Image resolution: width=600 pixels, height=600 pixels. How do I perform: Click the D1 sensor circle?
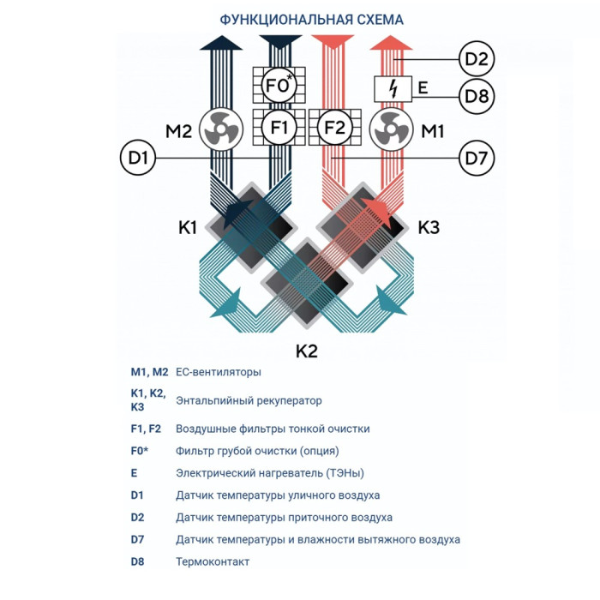[138, 159]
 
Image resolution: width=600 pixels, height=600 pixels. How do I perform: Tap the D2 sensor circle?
[477, 59]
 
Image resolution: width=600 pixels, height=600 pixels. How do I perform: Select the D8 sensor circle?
[477, 97]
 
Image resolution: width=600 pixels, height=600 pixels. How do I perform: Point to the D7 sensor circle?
[477, 158]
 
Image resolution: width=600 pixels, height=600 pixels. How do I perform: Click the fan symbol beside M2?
[221, 130]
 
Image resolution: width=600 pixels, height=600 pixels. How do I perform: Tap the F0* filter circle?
[279, 87]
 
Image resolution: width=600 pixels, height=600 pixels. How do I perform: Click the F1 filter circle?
[279, 129]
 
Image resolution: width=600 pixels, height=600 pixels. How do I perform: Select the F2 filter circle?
[335, 129]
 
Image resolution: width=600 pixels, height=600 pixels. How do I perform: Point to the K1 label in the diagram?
[188, 227]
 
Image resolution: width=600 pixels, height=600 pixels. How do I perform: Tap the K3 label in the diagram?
[429, 227]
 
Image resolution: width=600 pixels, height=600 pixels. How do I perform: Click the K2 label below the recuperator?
[307, 351]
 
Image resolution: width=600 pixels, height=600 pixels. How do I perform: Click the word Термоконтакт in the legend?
[213, 561]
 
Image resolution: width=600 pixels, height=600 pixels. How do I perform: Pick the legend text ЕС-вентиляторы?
[218, 373]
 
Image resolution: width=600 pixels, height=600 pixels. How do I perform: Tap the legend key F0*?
[140, 451]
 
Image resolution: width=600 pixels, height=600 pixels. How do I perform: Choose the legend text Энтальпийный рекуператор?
[249, 400]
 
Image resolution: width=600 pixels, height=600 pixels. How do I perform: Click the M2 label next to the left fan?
[178, 131]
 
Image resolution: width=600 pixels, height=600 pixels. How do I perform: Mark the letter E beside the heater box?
[422, 87]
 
